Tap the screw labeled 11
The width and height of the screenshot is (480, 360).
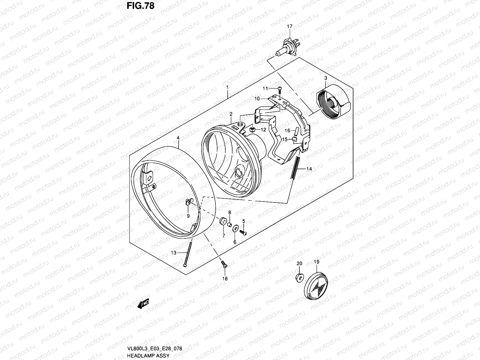(x=280, y=88)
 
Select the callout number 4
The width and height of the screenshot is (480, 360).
(x=178, y=138)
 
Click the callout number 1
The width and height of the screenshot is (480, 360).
(x=227, y=88)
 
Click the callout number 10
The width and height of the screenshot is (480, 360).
(x=257, y=98)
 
